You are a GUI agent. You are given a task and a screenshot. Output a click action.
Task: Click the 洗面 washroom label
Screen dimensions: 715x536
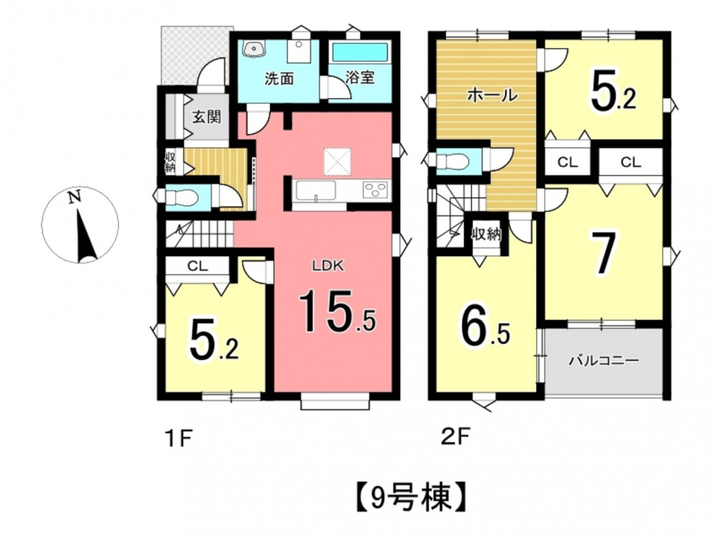[279, 79]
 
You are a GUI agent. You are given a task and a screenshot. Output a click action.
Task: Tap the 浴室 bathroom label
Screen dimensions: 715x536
[360, 77]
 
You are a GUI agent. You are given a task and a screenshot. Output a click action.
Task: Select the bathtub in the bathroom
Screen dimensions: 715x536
[360, 51]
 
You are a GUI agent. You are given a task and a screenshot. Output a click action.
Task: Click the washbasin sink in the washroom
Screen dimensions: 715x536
[253, 49]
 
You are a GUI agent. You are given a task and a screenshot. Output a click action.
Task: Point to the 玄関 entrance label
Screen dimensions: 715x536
[207, 117]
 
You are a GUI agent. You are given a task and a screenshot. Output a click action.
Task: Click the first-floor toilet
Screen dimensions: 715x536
[181, 198]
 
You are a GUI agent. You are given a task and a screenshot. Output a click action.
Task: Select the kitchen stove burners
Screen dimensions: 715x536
[375, 189]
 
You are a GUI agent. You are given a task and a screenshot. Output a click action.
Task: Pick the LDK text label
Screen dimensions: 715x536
[327, 266]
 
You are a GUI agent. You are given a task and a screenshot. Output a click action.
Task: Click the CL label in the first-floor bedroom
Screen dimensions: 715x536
[197, 266]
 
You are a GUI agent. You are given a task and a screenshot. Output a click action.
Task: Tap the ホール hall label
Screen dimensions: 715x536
[493, 95]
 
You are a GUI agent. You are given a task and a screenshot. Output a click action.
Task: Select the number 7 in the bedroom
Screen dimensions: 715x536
[603, 252]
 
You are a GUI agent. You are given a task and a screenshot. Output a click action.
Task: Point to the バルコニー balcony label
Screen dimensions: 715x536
[603, 360]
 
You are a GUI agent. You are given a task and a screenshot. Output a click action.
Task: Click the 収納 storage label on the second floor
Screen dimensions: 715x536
[486, 234]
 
